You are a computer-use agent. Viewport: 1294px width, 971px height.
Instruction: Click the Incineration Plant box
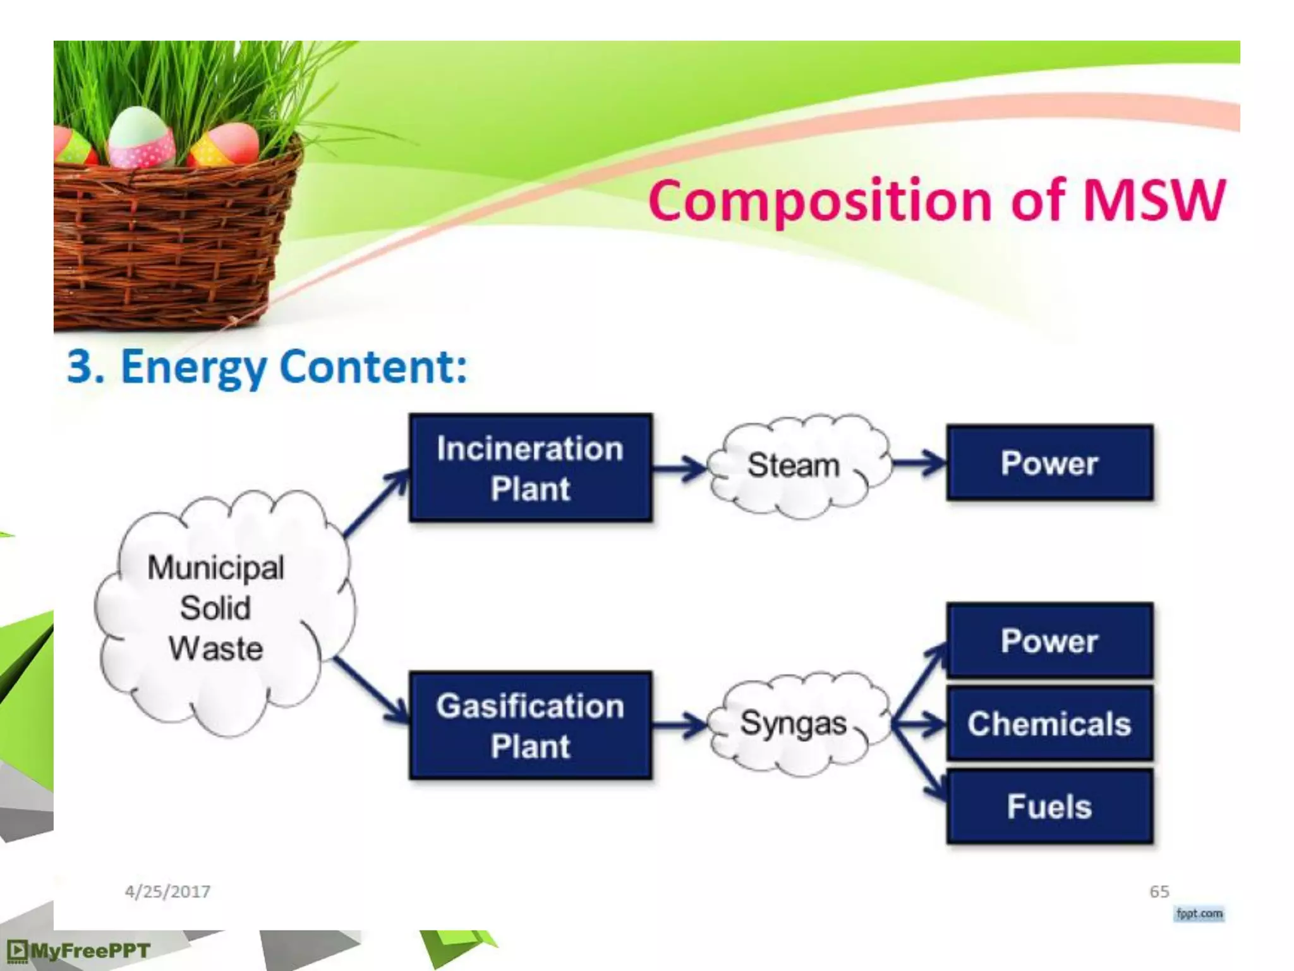tap(530, 468)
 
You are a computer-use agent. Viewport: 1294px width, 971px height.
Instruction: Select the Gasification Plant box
tap(530, 725)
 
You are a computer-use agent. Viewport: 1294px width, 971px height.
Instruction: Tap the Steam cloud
tap(795, 466)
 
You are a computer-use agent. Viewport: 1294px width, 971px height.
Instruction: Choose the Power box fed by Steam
tap(1049, 463)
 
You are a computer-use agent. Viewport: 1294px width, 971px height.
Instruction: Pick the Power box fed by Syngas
tap(1049, 640)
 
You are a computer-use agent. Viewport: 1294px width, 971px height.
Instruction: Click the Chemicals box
tap(1049, 724)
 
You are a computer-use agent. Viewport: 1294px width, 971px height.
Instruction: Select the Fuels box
tap(1049, 807)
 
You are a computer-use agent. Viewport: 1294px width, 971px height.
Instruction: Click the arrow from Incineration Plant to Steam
tap(680, 468)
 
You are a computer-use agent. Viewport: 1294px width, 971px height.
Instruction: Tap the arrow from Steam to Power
tap(919, 463)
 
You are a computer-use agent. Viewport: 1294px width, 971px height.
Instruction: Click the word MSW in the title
tap(1154, 200)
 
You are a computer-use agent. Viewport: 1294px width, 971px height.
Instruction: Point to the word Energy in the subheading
tap(193, 368)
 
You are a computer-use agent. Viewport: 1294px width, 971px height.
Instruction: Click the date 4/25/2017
tap(167, 891)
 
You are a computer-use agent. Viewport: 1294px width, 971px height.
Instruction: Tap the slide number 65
tap(1159, 891)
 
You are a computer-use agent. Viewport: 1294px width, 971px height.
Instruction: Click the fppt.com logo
tap(1199, 913)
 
